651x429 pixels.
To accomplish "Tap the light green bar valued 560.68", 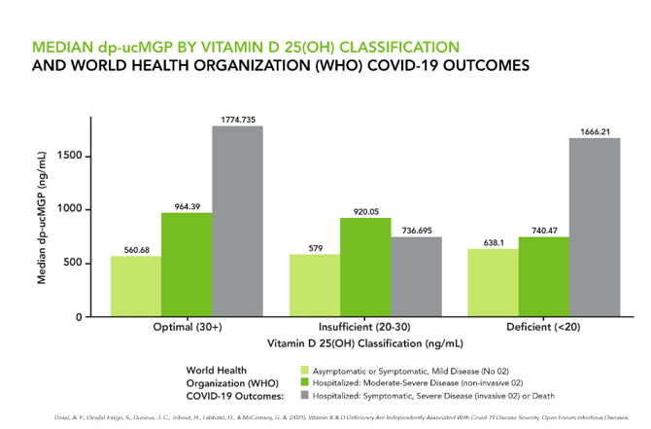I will [x=136, y=286].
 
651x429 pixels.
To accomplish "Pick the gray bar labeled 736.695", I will [x=416, y=276].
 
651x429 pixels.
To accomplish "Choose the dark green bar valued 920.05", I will [x=365, y=267].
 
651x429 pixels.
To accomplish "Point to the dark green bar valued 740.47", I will [x=544, y=276].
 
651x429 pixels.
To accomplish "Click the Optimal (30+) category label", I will [x=187, y=328].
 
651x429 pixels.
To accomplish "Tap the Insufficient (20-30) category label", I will [x=365, y=328].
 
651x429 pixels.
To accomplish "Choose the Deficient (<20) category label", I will [x=544, y=328].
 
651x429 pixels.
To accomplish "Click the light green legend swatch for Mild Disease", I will [x=305, y=371].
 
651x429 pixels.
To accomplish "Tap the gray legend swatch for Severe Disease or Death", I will [x=305, y=396].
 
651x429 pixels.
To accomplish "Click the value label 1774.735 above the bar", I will [x=237, y=119].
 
